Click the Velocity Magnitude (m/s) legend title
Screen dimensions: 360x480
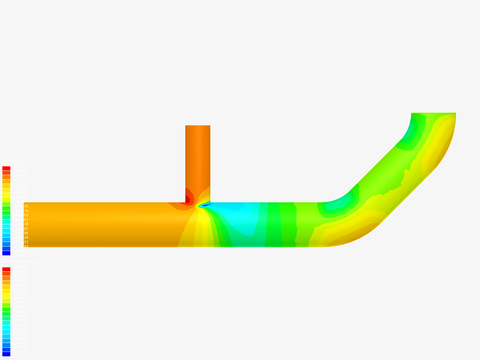point(23,262)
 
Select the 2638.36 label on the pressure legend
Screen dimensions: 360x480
point(20,166)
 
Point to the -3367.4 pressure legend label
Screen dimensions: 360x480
point(20,255)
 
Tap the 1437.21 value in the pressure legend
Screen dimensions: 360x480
point(20,184)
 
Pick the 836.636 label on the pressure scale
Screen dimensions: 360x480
point(20,193)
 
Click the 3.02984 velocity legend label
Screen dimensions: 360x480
point(20,267)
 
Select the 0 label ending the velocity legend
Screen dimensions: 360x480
point(14,356)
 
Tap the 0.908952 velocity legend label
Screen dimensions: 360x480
point(21,330)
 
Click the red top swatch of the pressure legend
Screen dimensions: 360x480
point(6,168)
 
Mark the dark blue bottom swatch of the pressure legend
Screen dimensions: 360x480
point(6,253)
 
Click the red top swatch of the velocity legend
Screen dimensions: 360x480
point(6,269)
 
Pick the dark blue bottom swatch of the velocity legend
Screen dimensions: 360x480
point(6,354)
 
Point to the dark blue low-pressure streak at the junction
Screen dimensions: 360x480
point(204,205)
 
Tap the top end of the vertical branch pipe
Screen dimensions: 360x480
point(198,126)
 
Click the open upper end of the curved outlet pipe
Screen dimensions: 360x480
point(433,114)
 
